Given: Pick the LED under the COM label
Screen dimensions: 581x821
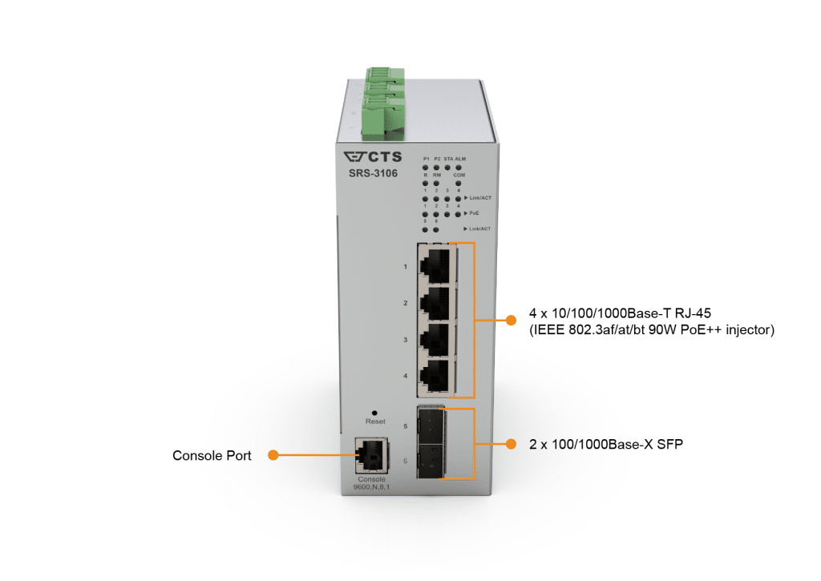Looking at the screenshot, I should point(459,183).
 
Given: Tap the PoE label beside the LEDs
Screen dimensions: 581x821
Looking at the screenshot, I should point(475,213).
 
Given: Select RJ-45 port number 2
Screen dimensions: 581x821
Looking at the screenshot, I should point(436,303).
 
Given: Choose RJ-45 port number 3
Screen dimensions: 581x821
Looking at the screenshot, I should point(436,340).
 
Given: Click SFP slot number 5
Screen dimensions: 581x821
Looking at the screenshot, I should point(431,427).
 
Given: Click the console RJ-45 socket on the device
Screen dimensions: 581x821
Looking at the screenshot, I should point(370,455).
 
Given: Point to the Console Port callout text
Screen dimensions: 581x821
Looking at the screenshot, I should point(212,455).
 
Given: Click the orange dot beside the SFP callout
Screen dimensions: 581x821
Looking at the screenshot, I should point(510,443).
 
